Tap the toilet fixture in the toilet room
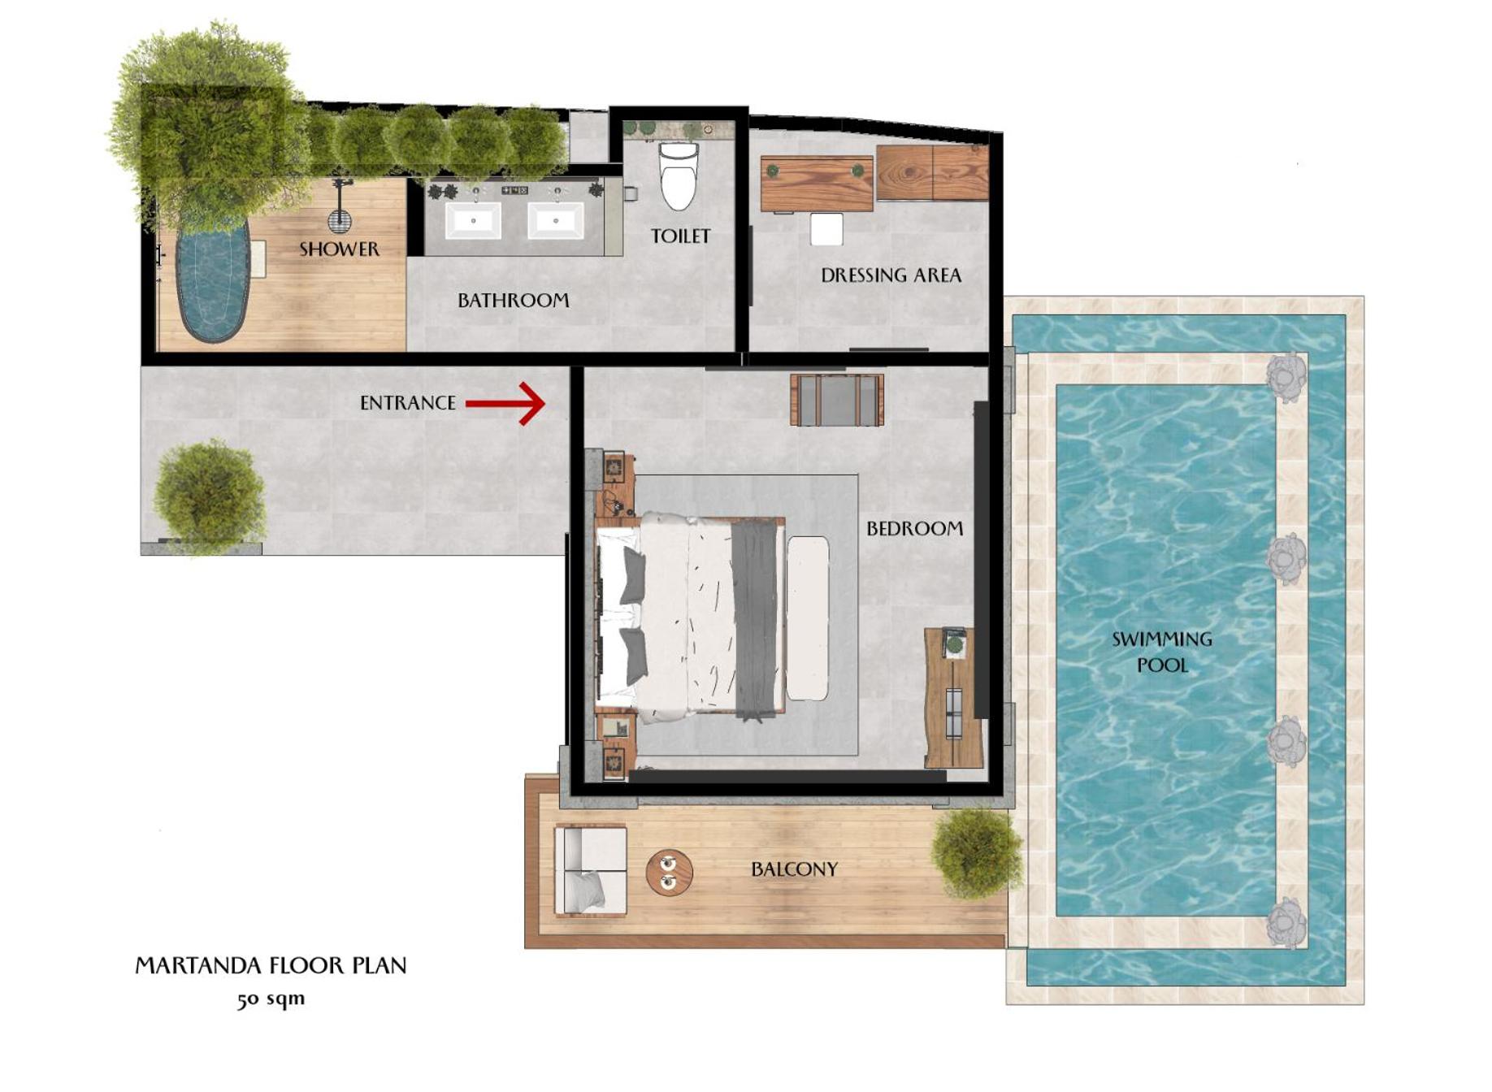pos(678,175)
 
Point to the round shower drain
pos(340,220)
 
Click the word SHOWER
pos(339,249)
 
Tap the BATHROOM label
pos(514,301)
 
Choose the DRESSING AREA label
pos(891,275)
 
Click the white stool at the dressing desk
pos(826,229)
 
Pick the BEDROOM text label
pos(914,529)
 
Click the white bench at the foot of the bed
pos(808,618)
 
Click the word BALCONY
pos(794,869)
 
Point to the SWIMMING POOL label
pos(1162,652)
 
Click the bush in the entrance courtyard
pos(210,496)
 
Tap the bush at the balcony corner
pos(975,853)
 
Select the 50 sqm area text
pos(271,999)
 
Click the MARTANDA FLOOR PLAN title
pos(271,965)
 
